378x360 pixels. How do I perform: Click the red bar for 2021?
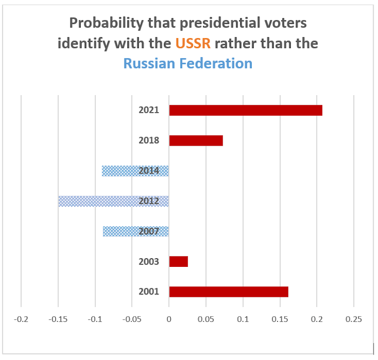pyautogui.click(x=246, y=110)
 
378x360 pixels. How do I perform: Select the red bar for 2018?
pyautogui.click(x=196, y=140)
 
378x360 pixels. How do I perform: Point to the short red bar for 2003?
pyautogui.click(x=178, y=261)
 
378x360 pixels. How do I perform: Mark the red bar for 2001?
pyautogui.click(x=229, y=291)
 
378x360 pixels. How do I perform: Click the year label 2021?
pyautogui.click(x=149, y=110)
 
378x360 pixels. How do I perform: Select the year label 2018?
pyautogui.click(x=149, y=140)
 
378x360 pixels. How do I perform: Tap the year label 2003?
pyautogui.click(x=149, y=261)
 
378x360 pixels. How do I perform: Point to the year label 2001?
pyautogui.click(x=149, y=291)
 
